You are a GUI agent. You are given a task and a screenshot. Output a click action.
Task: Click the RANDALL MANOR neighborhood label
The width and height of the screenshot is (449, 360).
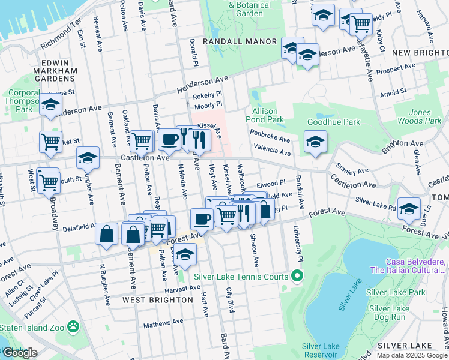tap(240, 41)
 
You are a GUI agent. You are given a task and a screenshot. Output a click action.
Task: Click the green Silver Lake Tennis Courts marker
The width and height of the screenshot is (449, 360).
tap(296, 277)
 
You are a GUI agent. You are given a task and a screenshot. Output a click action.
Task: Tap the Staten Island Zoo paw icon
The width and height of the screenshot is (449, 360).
tap(73, 326)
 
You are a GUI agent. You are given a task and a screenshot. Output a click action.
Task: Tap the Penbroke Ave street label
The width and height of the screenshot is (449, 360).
tap(270, 139)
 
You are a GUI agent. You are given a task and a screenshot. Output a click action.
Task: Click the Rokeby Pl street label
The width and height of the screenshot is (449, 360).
tap(207, 94)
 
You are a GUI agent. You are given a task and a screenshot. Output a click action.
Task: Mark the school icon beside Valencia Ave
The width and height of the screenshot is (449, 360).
tap(315, 142)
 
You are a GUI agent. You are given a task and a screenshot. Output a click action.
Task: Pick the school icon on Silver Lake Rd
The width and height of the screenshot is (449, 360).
tap(409, 209)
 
